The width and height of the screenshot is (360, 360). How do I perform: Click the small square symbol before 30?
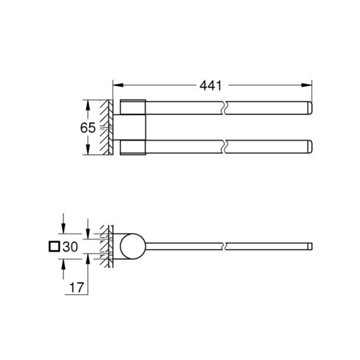pos(54,247)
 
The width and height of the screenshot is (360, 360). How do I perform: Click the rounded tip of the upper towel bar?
pos(308,108)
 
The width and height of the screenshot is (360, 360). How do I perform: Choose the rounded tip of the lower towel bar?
pos(308,146)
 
